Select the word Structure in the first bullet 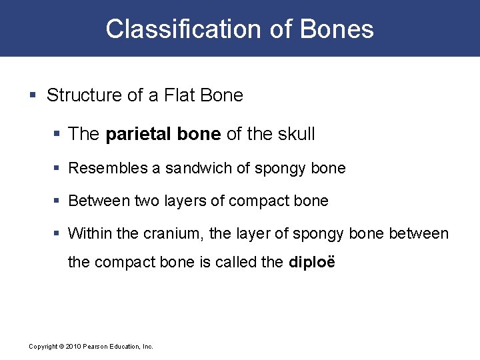click(x=83, y=95)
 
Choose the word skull click(x=294, y=134)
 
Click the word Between click(x=99, y=201)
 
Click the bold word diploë click(x=312, y=262)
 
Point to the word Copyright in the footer click(x=43, y=347)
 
